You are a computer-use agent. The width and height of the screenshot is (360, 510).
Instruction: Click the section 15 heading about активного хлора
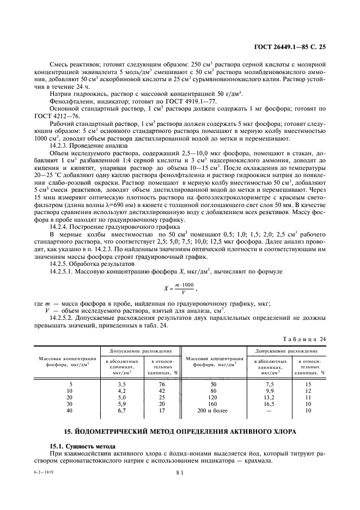180,432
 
